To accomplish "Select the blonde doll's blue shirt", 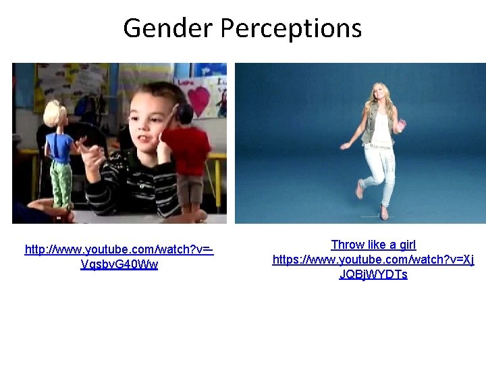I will coord(59,146).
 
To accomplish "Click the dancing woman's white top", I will coord(381,132).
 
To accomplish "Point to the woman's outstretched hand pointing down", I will coord(345,146).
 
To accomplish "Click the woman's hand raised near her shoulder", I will coord(402,124).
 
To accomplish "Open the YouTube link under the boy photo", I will coord(119,257).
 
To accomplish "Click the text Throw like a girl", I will coord(373,245).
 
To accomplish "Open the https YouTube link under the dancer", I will coord(373,267).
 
